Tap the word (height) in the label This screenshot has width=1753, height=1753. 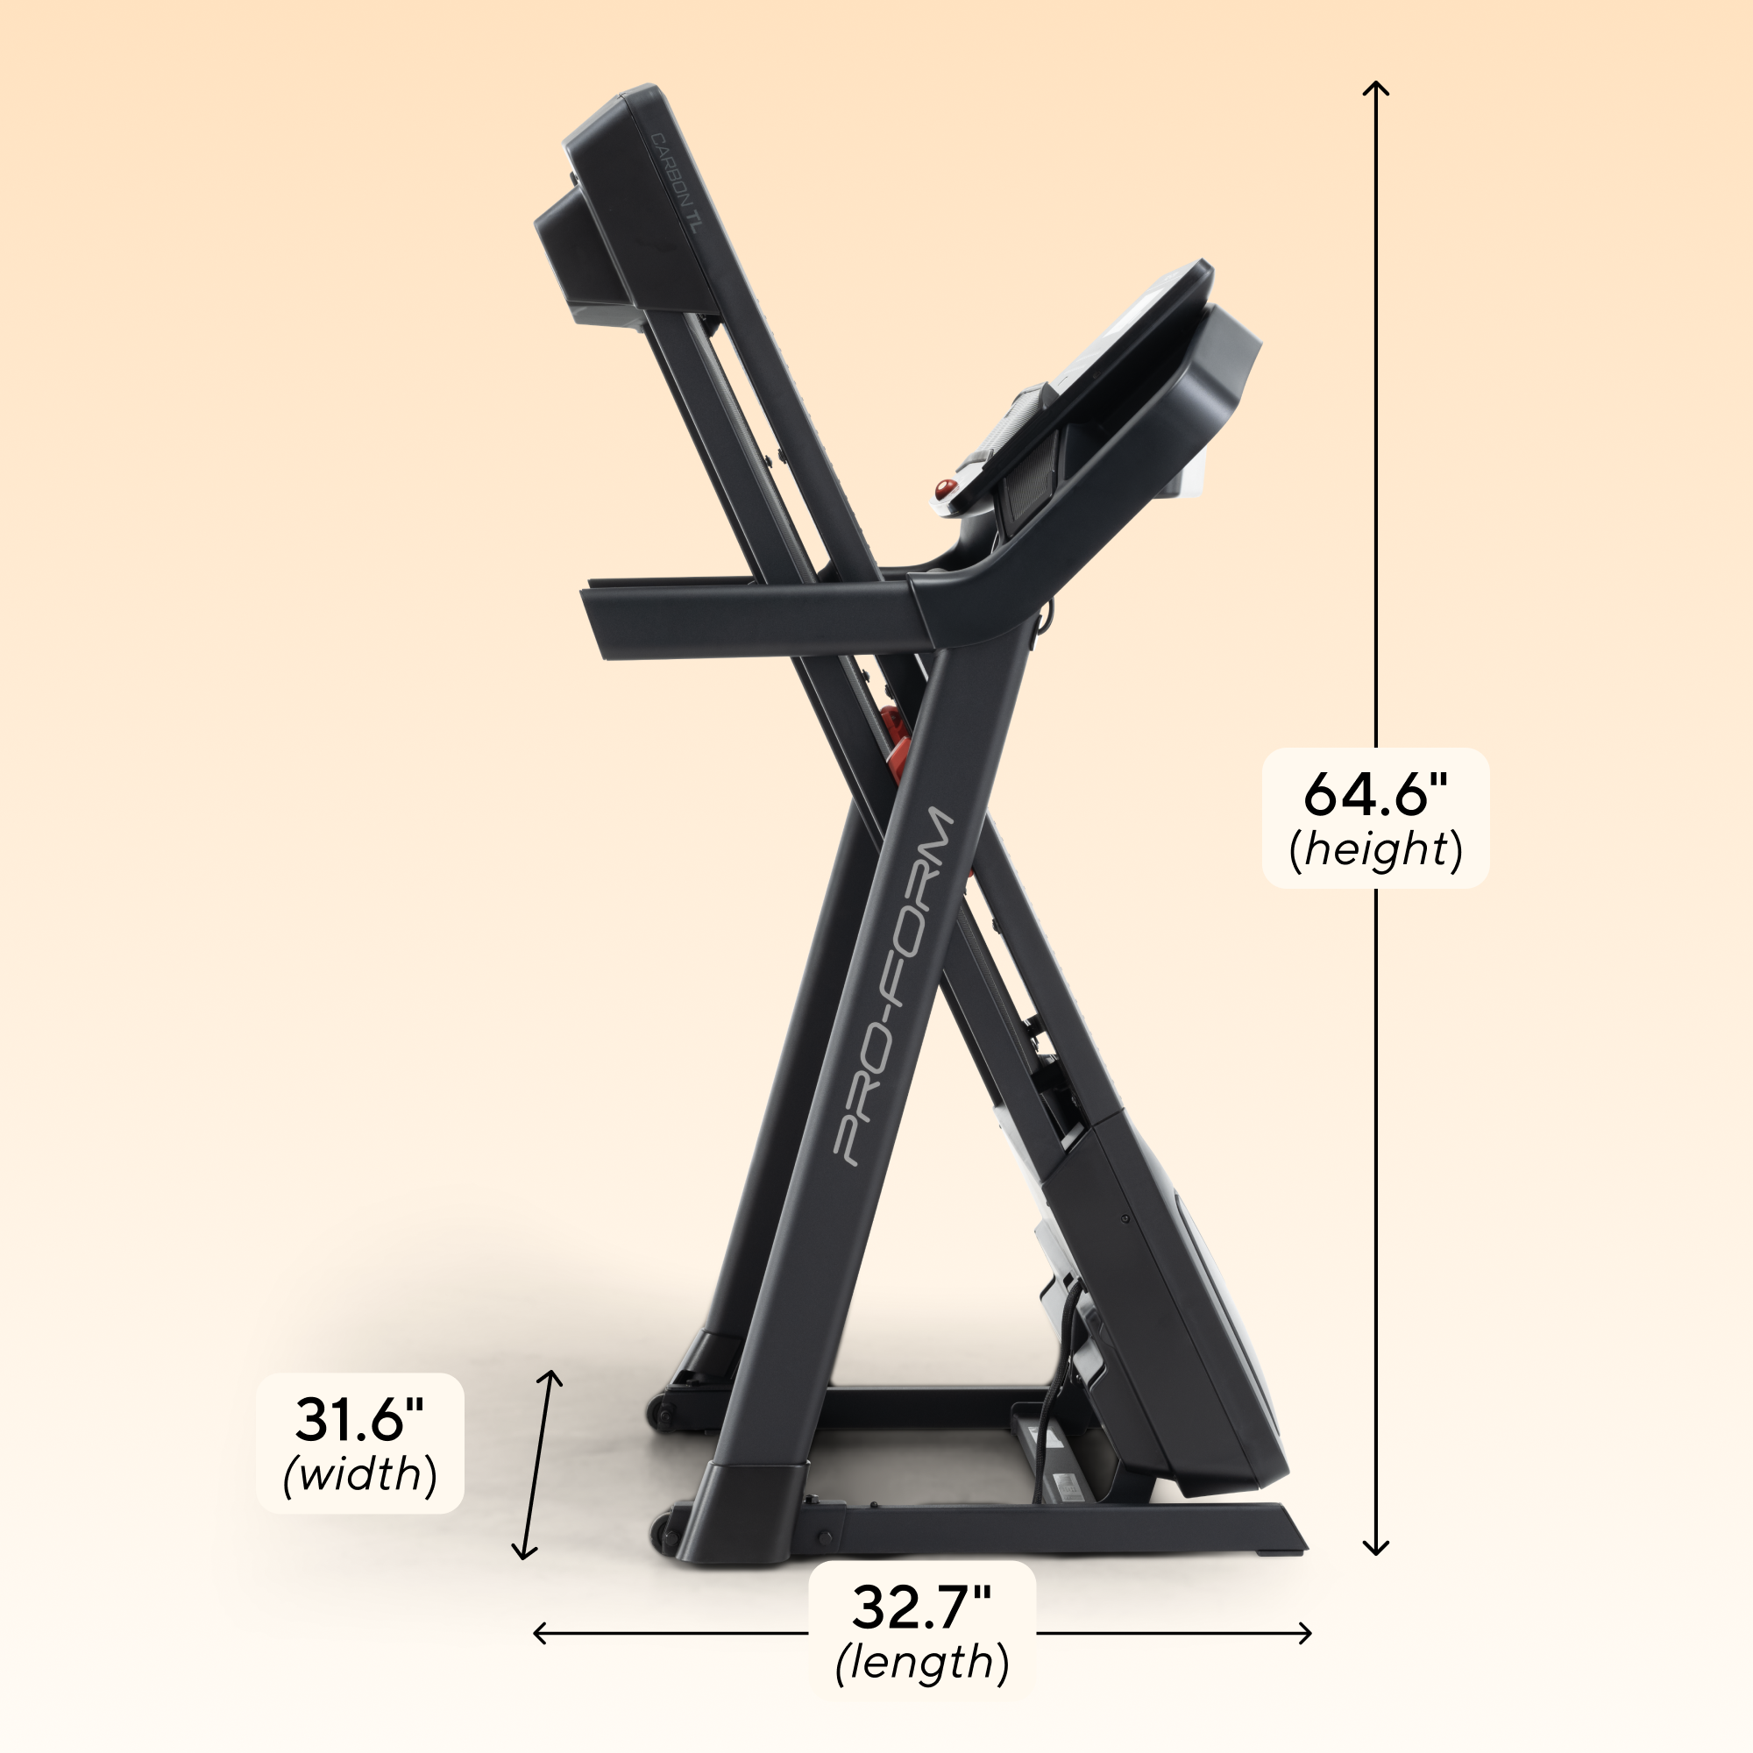point(1375,850)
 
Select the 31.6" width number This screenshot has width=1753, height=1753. point(359,1419)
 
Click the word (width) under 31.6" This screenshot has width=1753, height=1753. point(359,1473)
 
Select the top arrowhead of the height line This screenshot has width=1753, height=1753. point(1376,87)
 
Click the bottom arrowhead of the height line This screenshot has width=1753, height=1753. point(1376,1551)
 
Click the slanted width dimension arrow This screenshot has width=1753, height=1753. point(537,1465)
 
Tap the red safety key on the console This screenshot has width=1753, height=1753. point(945,489)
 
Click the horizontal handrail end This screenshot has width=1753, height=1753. point(603,622)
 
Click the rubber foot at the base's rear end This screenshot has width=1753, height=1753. point(1281,1552)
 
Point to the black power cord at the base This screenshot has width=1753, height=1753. point(1048,1416)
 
